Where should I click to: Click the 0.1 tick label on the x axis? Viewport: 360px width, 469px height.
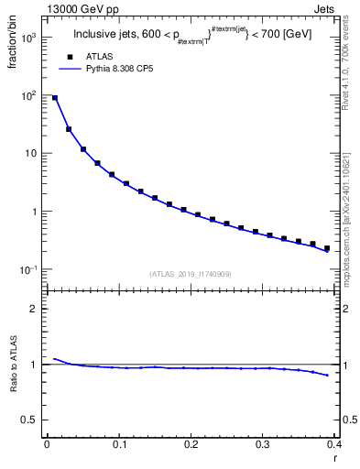(118, 444)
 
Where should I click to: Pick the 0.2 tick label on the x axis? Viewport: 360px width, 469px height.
(191, 444)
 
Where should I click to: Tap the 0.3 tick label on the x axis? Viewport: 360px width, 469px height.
(263, 444)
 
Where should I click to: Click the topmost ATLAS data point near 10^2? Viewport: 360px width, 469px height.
(55, 98)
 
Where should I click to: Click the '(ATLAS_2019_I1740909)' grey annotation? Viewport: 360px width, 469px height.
(191, 273)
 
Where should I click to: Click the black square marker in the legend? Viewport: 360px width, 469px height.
(70, 57)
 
